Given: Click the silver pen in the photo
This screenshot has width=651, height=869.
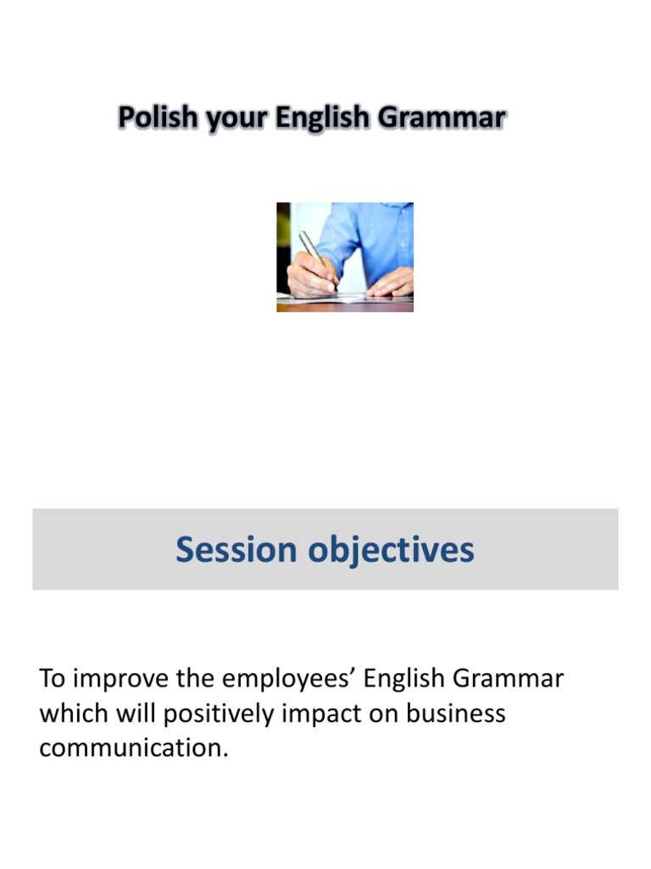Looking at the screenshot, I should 315,255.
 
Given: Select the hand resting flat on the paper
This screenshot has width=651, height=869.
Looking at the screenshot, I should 390,283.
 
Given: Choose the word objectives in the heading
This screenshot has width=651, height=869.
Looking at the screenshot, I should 390,550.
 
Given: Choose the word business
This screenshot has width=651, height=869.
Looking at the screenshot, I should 455,714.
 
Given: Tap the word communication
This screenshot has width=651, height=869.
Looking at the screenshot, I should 134,748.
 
